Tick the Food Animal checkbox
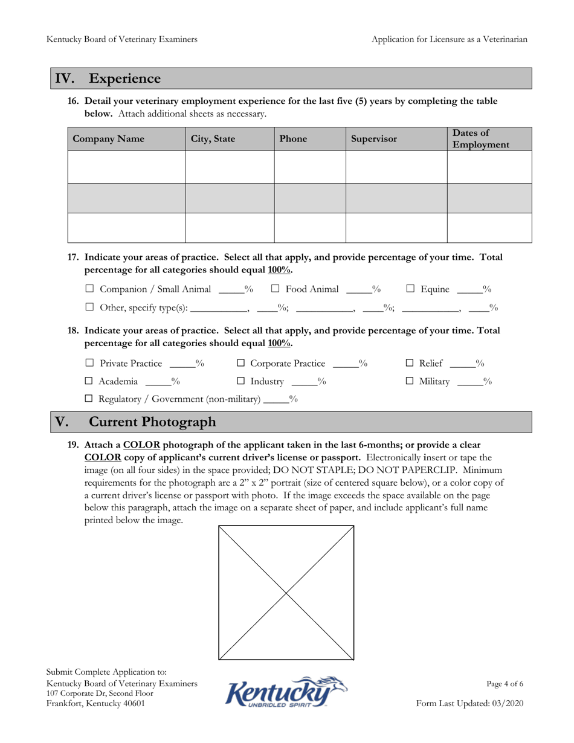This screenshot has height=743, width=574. point(275,289)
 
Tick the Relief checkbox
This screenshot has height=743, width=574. point(409,364)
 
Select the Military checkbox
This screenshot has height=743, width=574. point(409,381)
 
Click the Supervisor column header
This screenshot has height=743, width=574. point(374,139)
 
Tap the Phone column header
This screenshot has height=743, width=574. point(293,139)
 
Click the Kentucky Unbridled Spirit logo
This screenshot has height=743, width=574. point(286,692)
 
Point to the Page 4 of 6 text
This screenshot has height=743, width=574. point(505,684)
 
